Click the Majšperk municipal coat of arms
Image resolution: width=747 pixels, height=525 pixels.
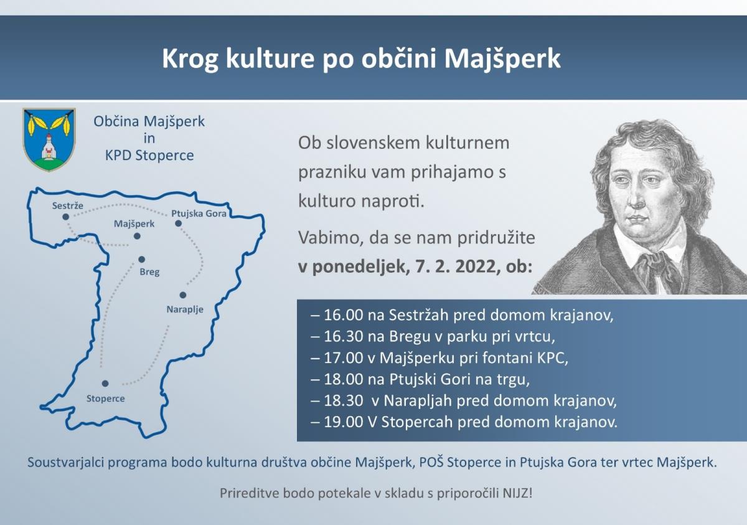49,140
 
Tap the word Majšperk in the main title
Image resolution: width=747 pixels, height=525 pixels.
502,59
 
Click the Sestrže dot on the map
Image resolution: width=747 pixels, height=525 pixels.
66,217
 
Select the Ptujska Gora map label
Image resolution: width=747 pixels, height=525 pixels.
199,214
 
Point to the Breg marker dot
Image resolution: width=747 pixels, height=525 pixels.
142,260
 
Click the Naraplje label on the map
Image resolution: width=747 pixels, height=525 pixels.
185,310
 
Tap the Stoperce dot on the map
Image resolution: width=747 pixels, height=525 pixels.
105,384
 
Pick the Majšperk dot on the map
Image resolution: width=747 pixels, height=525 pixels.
137,236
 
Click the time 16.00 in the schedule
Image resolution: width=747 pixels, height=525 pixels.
343,315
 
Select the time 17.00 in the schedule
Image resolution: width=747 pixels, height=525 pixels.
343,358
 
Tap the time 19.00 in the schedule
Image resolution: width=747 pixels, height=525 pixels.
343,422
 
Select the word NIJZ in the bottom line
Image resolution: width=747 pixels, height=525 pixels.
517,493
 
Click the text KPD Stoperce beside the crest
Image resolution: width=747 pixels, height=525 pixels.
149,156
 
